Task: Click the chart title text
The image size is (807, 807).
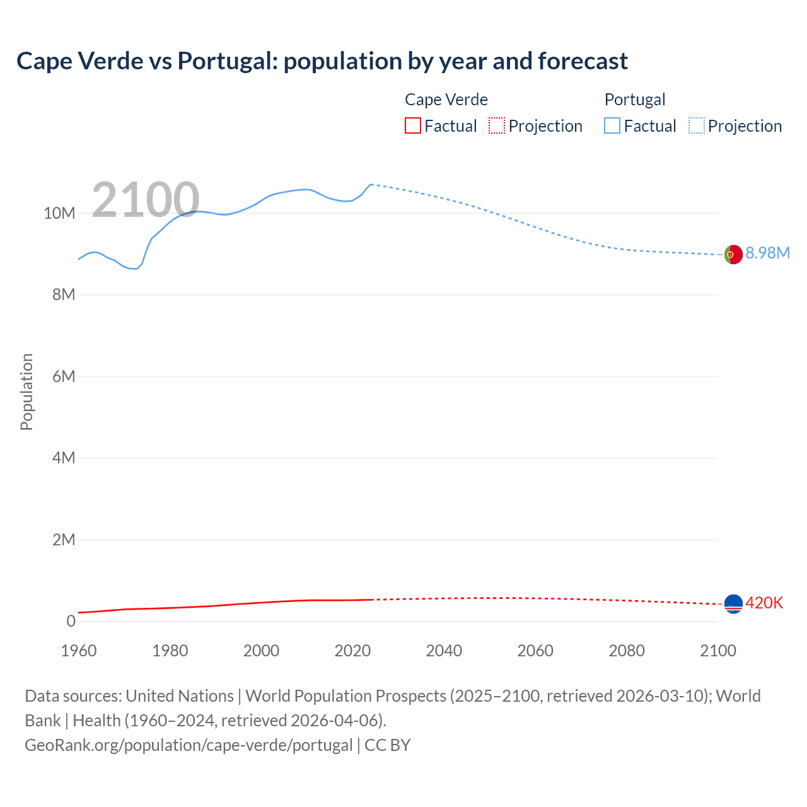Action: tap(322, 61)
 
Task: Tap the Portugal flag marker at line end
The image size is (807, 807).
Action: tap(733, 255)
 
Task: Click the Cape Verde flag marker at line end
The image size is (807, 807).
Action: tap(733, 604)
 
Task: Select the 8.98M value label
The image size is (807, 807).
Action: tap(767, 253)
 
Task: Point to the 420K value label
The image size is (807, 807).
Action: tap(764, 603)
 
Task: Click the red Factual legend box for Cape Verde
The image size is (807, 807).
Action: tap(413, 125)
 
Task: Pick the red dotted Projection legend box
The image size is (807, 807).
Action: tap(497, 125)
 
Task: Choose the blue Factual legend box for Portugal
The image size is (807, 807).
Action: tap(612, 125)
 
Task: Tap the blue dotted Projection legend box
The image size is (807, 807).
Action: tap(697, 125)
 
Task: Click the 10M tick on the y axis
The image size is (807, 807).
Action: tap(59, 213)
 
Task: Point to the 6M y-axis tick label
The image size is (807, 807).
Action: tap(64, 376)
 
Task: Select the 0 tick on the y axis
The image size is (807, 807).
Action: tap(71, 621)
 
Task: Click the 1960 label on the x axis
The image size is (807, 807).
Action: tap(79, 651)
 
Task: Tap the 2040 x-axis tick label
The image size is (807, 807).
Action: tap(444, 651)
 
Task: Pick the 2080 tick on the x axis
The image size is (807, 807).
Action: tap(627, 651)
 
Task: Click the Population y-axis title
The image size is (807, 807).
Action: tap(26, 392)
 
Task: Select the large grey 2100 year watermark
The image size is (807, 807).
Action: tap(146, 200)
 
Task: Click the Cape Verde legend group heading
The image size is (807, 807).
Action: tap(446, 100)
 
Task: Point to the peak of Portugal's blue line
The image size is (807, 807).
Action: tap(371, 184)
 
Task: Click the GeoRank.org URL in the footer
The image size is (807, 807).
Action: tap(189, 745)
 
